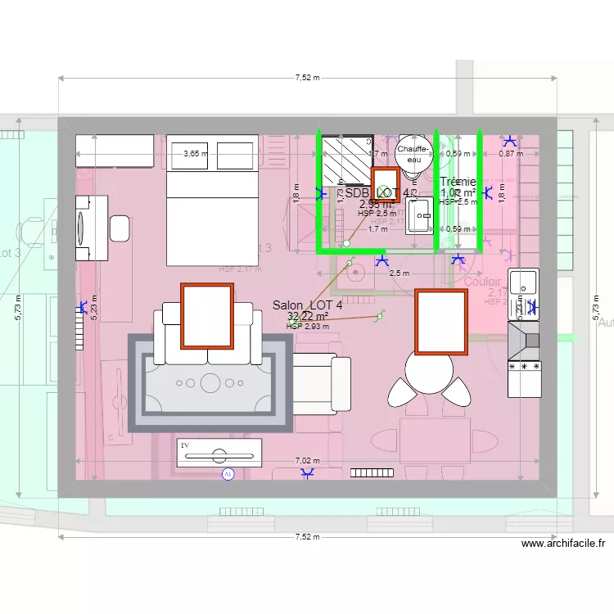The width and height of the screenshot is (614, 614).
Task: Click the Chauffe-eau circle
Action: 409,154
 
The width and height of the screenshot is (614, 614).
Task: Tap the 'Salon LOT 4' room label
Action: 308,305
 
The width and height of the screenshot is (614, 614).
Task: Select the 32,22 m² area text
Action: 308,316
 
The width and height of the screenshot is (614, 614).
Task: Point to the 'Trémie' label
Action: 458,182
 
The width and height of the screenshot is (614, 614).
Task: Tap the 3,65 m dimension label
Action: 195,153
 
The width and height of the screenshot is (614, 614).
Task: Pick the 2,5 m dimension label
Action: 399,273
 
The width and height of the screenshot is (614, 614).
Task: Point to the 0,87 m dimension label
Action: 510,153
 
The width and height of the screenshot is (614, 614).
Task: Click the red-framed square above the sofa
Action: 207,315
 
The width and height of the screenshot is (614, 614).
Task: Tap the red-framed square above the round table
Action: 441,322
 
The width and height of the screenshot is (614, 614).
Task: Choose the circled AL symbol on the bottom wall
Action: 228,474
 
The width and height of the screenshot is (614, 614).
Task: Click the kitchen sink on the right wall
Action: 524,283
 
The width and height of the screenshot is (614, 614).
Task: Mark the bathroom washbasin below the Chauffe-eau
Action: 421,214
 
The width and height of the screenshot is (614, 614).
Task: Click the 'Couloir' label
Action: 483,282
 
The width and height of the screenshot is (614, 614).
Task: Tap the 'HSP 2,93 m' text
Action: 308,326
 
